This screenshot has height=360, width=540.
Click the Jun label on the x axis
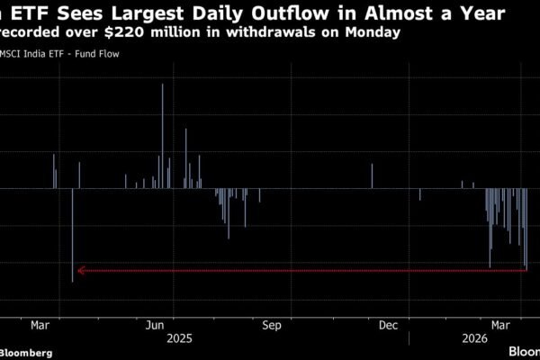pos(155,323)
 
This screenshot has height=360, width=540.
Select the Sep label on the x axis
pos(273,323)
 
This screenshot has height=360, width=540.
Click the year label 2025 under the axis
pos(178,339)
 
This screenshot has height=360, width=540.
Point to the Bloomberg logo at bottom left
pos(27,351)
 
